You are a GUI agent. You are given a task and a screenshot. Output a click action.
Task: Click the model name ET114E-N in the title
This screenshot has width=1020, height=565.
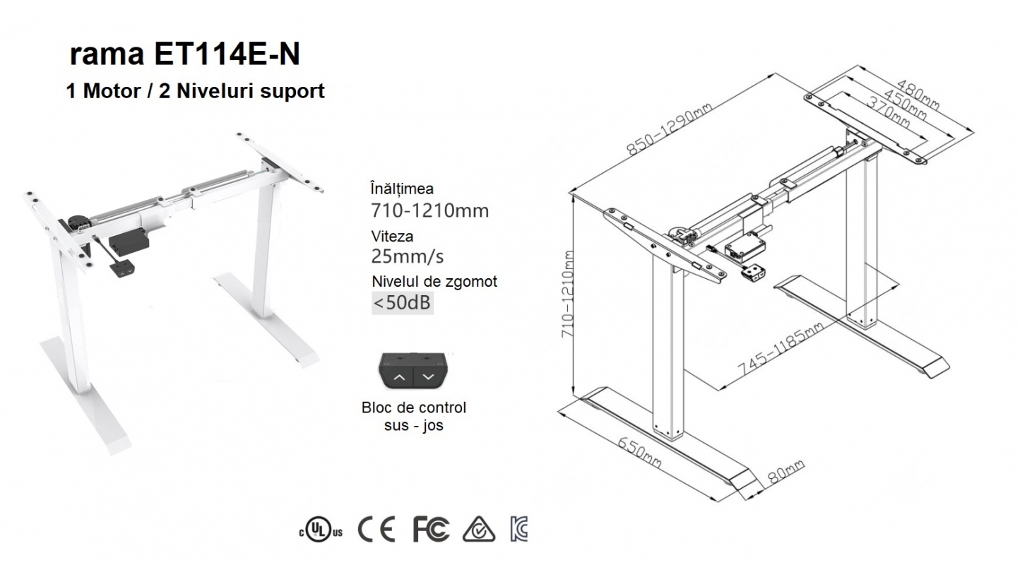click(227, 54)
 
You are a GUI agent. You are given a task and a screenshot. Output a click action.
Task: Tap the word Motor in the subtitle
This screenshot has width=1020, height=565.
click(112, 91)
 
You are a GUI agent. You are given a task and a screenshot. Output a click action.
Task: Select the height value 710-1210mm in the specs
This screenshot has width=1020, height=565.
click(430, 210)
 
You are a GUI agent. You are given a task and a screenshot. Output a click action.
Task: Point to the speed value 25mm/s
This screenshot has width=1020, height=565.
click(407, 257)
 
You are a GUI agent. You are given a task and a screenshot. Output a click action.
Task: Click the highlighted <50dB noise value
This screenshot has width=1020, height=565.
click(402, 303)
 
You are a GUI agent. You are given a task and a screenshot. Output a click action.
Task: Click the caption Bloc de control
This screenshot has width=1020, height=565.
click(413, 407)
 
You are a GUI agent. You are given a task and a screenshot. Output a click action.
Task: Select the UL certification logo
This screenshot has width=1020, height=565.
click(321, 530)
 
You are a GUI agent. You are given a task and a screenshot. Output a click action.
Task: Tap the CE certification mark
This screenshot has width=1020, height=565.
click(376, 530)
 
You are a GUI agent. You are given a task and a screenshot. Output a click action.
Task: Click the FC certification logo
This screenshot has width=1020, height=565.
click(431, 530)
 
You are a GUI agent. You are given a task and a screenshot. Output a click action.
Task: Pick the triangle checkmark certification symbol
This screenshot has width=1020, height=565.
click(479, 530)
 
